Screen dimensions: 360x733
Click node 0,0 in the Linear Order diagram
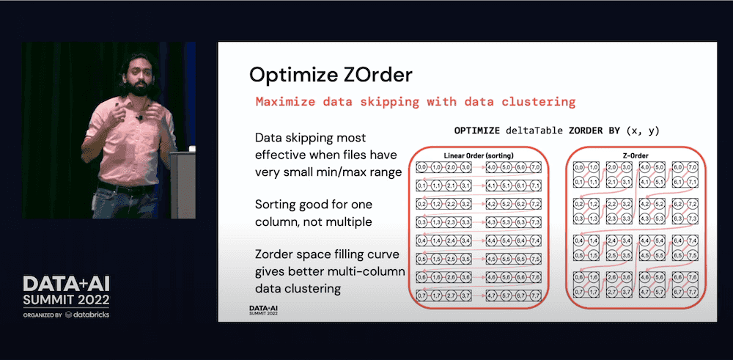421,169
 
